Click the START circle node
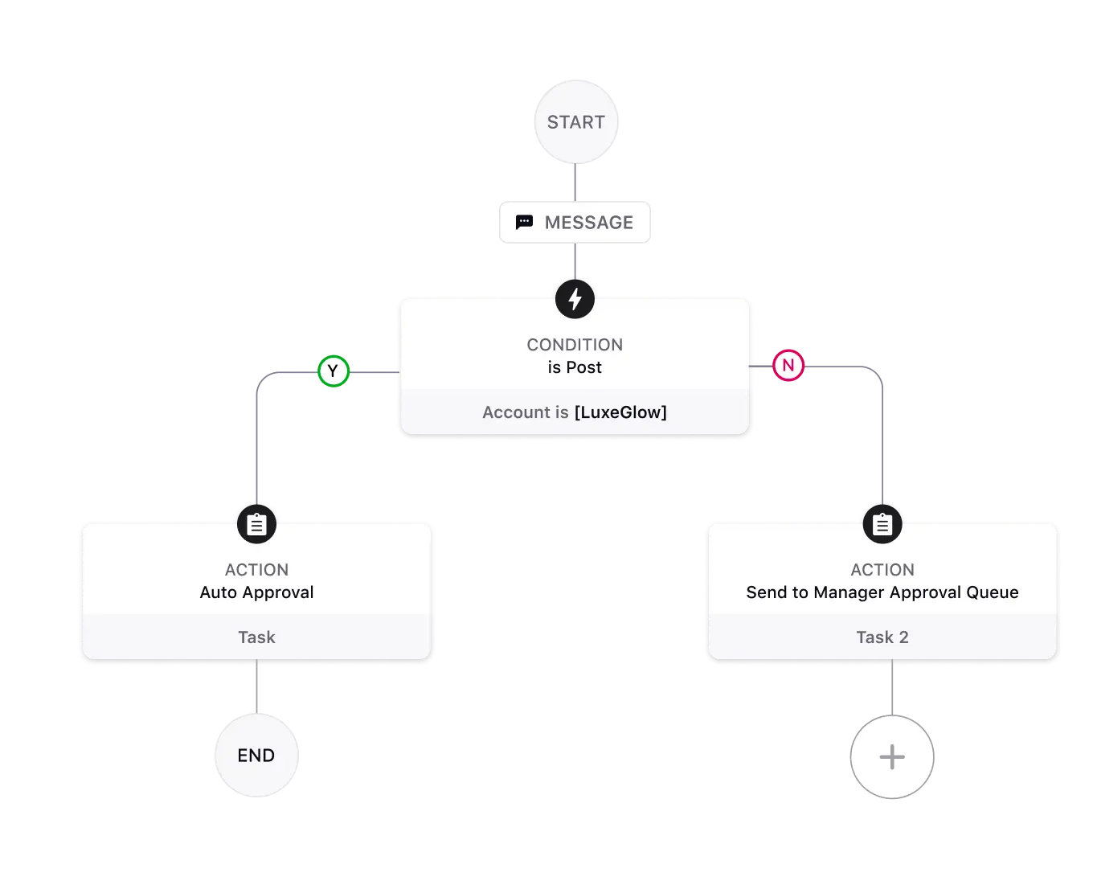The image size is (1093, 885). click(576, 122)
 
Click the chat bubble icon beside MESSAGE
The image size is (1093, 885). click(524, 223)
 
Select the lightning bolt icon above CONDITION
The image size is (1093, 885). click(575, 299)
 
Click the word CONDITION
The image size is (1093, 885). click(575, 345)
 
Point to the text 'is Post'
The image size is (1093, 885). click(575, 367)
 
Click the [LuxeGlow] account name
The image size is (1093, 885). click(620, 412)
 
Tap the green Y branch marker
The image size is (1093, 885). click(333, 372)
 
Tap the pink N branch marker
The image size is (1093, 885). click(788, 366)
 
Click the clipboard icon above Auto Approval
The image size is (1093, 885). click(256, 525)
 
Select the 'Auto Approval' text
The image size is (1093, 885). click(256, 592)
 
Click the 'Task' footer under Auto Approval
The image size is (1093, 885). click(256, 637)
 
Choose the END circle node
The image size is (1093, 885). click(256, 756)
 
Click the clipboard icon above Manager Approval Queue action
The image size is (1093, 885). click(882, 525)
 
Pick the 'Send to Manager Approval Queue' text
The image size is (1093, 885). click(882, 592)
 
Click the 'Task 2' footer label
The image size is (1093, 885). click(882, 637)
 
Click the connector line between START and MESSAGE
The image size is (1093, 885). click(575, 183)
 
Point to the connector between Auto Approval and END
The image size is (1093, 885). click(256, 687)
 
